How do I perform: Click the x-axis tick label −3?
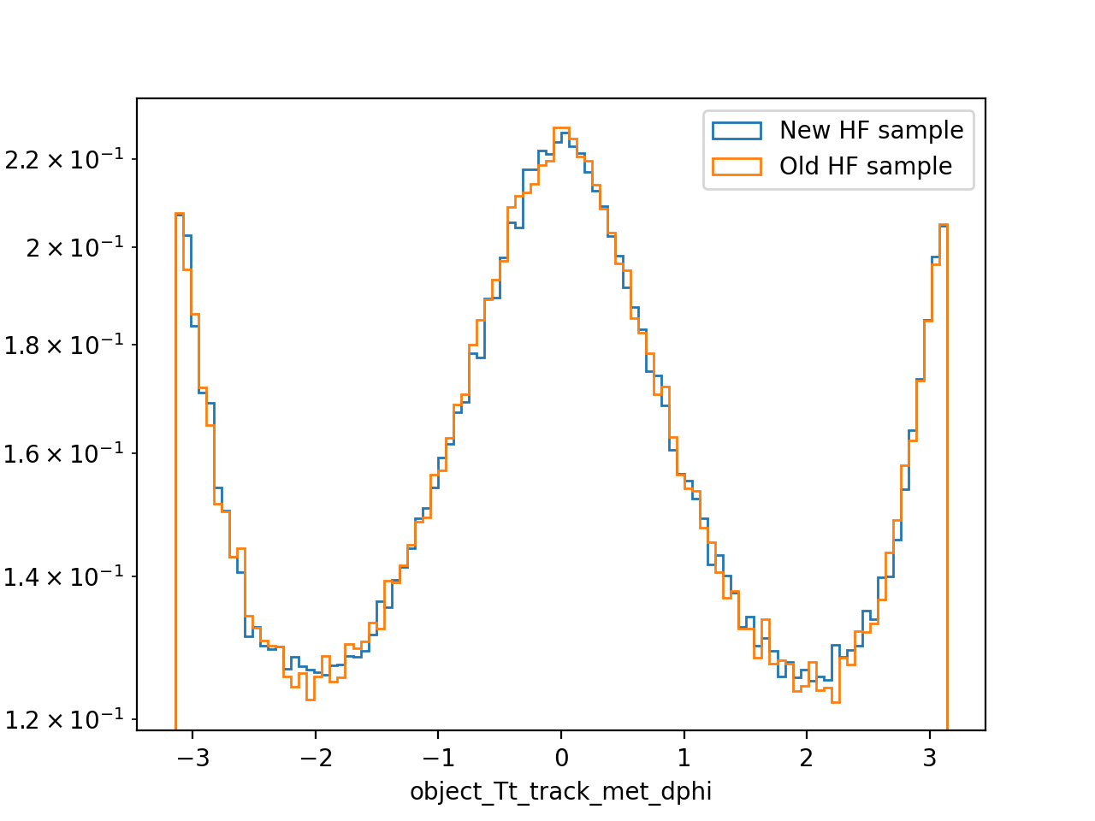pyautogui.click(x=193, y=759)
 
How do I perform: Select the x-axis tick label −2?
pyautogui.click(x=316, y=759)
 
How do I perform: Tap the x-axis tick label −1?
pyautogui.click(x=439, y=759)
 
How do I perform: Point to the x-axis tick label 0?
pyautogui.click(x=562, y=759)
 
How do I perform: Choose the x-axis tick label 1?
pyautogui.click(x=684, y=759)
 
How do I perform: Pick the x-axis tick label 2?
pyautogui.click(x=807, y=759)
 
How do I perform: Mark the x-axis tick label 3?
pyautogui.click(x=929, y=759)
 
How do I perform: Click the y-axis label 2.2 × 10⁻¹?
pyautogui.click(x=64, y=160)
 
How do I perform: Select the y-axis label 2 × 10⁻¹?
pyautogui.click(x=74, y=247)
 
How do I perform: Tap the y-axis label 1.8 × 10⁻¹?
pyautogui.click(x=64, y=345)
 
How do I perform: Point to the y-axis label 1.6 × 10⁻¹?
pyautogui.click(x=64, y=453)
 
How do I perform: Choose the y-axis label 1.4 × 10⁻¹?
pyautogui.click(x=64, y=576)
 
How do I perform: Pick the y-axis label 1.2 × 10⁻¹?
pyautogui.click(x=64, y=719)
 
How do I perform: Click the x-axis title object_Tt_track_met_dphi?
pyautogui.click(x=560, y=792)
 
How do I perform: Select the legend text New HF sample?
pyautogui.click(x=871, y=131)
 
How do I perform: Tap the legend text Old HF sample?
pyautogui.click(x=866, y=167)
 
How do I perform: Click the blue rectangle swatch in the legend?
pyautogui.click(x=737, y=131)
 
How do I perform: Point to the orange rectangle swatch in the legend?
pyautogui.click(x=737, y=167)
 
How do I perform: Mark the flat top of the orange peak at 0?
pyautogui.click(x=561, y=128)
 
